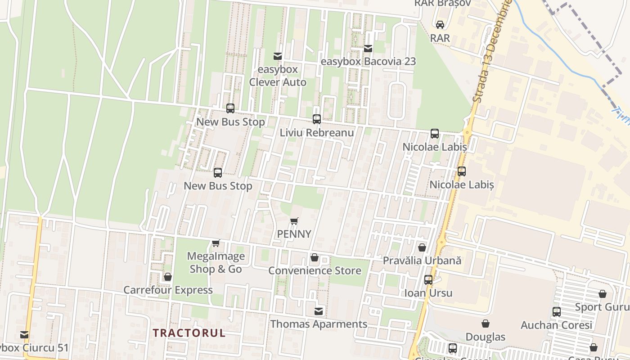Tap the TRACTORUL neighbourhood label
point(189,333)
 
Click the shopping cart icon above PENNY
point(294,221)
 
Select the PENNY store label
point(294,234)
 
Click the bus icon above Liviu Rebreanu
point(317,119)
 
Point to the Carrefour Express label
point(168,290)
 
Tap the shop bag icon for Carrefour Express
point(168,277)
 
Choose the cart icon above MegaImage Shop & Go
point(216,243)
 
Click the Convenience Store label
point(315,270)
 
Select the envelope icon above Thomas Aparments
point(319,311)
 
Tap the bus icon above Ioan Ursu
point(428,280)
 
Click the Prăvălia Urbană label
point(422,261)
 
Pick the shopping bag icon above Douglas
point(486,324)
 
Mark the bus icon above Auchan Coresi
point(557,312)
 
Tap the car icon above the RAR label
point(440,25)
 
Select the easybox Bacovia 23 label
point(368,62)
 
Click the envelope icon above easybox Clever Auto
point(278,56)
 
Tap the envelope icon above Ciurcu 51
point(24,335)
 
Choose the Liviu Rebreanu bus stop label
point(317,133)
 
